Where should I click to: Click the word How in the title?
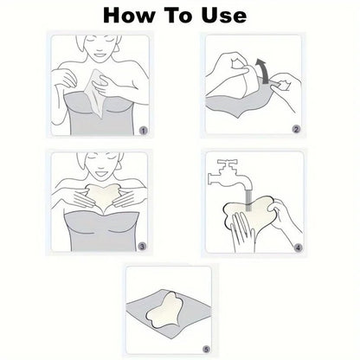pos(129,16)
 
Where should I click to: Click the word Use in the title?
pos(224,16)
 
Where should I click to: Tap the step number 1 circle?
pos(144,131)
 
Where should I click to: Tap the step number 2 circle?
pos(296,130)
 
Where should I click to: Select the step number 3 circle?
pos(142,247)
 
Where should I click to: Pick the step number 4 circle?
pos(298,247)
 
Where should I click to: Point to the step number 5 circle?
pos(206,350)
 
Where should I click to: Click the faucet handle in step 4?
pos(228,162)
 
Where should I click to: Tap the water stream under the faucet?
pos(248,199)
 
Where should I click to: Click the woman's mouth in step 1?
pos(100,55)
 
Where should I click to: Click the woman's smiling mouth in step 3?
pos(101,173)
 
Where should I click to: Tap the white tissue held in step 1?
pos(96,93)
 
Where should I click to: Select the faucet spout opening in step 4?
pos(248,185)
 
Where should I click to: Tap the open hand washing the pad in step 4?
pos(242,231)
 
